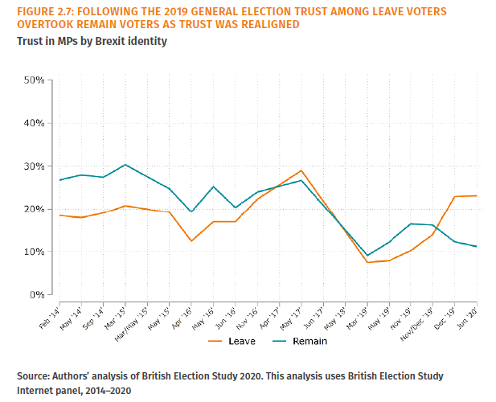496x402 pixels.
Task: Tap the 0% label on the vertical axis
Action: click(x=35, y=294)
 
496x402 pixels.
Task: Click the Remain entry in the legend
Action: click(x=301, y=342)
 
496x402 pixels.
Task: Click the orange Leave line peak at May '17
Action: click(x=301, y=170)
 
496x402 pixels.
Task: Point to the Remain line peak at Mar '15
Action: click(x=125, y=165)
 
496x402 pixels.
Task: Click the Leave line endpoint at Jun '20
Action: click(x=477, y=195)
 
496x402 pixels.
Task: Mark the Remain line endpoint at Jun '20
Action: click(x=477, y=246)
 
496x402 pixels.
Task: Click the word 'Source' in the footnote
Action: click(x=35, y=375)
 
